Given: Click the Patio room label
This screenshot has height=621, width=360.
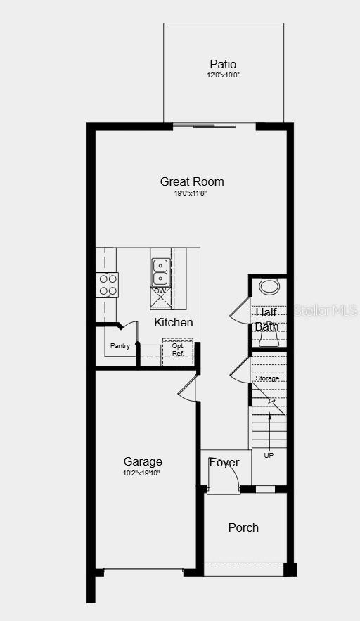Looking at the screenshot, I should [x=223, y=64].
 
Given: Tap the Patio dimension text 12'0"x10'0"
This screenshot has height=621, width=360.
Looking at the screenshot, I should [x=223, y=75].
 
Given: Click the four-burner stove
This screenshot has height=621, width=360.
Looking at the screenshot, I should [x=107, y=284].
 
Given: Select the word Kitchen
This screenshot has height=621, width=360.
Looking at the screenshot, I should [x=174, y=322].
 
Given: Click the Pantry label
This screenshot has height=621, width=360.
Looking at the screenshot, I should [x=120, y=346].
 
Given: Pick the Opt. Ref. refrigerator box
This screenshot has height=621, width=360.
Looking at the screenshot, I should [x=177, y=350].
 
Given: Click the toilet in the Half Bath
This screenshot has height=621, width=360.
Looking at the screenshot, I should [x=269, y=286].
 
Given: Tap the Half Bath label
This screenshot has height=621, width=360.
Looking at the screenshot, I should [x=266, y=319].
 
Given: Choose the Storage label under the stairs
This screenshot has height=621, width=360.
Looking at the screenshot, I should [x=267, y=378].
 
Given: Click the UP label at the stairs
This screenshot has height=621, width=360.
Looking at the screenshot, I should [x=269, y=456].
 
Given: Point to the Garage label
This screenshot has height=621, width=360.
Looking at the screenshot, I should [x=143, y=461].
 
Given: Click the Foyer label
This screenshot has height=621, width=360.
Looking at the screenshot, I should [x=224, y=463].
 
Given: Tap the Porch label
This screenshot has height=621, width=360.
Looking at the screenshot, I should [x=243, y=527].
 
